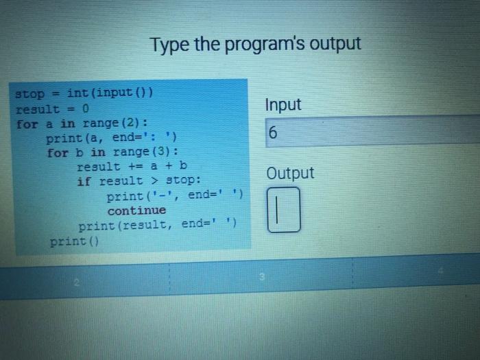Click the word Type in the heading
click(x=169, y=45)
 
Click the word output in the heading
click(x=335, y=43)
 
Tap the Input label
click(x=283, y=105)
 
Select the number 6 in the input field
click(x=273, y=132)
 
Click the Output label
click(x=290, y=173)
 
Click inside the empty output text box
click(x=284, y=210)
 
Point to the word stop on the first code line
click(x=30, y=94)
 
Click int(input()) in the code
click(x=110, y=92)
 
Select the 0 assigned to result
click(x=86, y=108)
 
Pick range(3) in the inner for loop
click(x=143, y=152)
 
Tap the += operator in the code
click(x=135, y=166)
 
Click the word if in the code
click(x=84, y=181)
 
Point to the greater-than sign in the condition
click(x=154, y=180)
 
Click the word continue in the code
click(x=136, y=211)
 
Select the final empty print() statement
click(x=74, y=241)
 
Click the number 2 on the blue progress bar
click(x=77, y=283)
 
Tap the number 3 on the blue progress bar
click(x=262, y=277)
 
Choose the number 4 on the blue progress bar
click(x=440, y=270)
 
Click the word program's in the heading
click(x=265, y=45)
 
